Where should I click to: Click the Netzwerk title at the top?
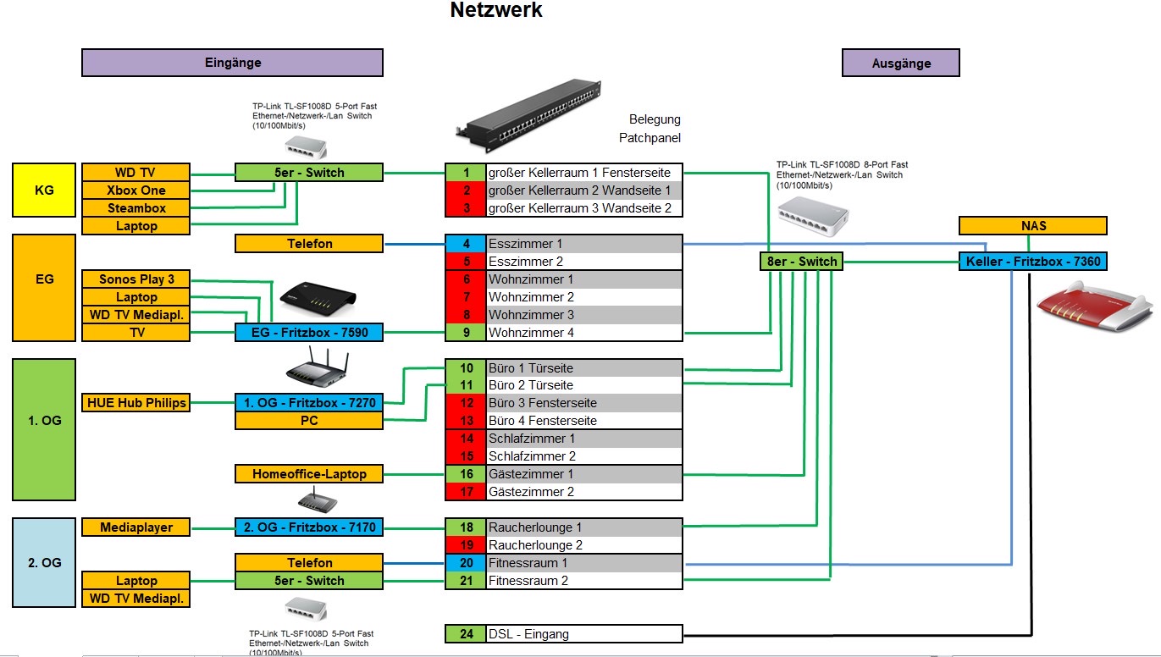[495, 11]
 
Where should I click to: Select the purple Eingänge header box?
[232, 63]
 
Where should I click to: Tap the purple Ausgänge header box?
[900, 63]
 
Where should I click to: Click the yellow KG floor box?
[44, 190]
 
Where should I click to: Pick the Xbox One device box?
[135, 190]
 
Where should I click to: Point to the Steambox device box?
[135, 208]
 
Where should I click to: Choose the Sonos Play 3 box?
[135, 279]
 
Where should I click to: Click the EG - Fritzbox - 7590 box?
[308, 333]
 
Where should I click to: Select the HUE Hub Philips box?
[135, 403]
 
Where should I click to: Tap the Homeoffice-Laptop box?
[308, 474]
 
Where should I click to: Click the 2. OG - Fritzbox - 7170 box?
[308, 527]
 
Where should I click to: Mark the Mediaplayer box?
[135, 527]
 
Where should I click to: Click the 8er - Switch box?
[800, 262]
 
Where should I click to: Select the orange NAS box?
[1032, 226]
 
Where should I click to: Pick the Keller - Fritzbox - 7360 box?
[1032, 262]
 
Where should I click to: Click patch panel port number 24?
[467, 634]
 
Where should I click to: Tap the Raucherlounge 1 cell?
[584, 527]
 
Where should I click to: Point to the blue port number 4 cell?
[467, 244]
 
